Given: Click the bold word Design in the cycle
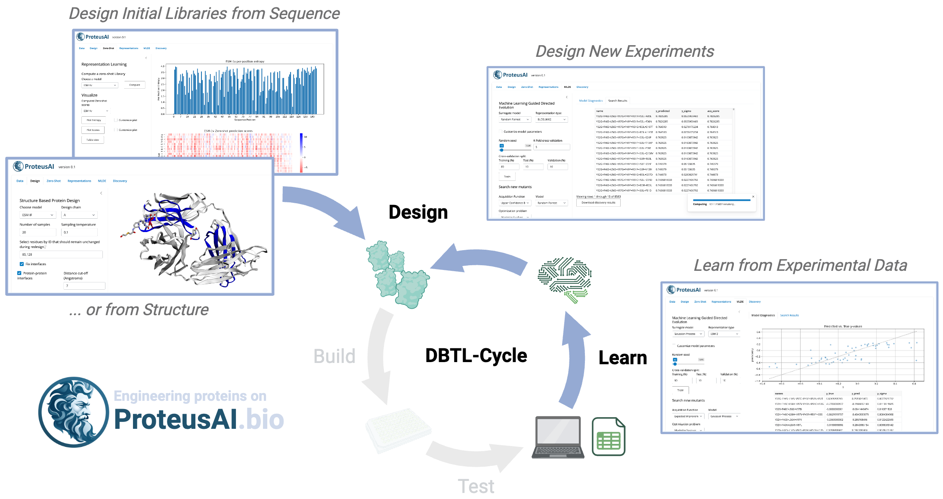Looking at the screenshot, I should coord(418,213).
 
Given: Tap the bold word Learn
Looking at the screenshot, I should coord(622,358).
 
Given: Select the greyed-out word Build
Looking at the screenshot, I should coord(334,356).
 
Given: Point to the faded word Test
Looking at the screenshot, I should coord(476,487).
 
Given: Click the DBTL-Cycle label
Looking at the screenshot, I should coord(476,356).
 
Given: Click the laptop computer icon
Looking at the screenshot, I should coord(558,437).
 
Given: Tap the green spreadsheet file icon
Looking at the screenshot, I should coord(608,437).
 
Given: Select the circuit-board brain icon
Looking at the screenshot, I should coord(564,279).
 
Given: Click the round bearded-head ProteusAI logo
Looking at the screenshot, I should coord(74,412).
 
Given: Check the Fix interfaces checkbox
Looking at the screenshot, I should coord(22,264).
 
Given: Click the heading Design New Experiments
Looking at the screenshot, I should coord(625,52).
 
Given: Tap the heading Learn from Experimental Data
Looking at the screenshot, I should coord(800,265).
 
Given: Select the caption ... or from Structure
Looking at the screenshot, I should coord(139,310).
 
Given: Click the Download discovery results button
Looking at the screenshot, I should coord(598,202).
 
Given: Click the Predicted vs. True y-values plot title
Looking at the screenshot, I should coord(843,326).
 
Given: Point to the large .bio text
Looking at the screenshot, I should coord(261,420).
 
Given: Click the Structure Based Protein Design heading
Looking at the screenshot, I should coord(49,201).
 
